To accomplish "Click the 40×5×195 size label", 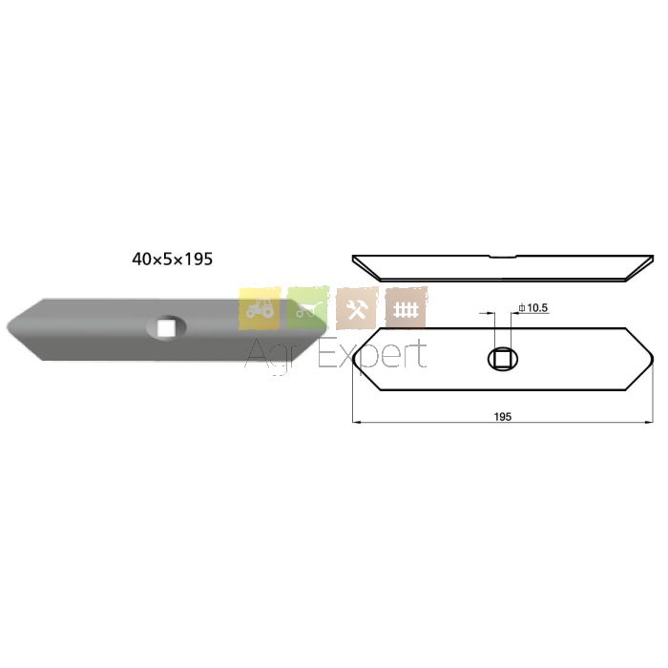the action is tap(172, 259).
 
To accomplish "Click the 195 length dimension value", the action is tap(503, 416).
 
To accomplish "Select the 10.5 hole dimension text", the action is tap(537, 307).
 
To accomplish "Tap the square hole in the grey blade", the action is tap(166, 327).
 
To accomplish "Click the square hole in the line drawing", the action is tap(503, 359).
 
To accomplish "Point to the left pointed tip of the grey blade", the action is tap(8, 328).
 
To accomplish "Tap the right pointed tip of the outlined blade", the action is tap(653, 359).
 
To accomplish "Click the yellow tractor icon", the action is tap(260, 308).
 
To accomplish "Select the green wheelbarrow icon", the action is tap(308, 307).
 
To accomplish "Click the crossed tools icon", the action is tap(357, 308).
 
